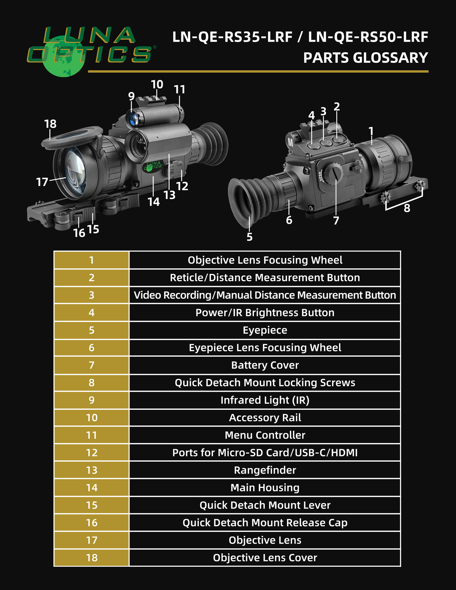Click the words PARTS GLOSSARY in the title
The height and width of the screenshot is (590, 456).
365,58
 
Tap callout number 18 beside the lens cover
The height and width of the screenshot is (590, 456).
50,124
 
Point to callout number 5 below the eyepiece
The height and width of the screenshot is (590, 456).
249,237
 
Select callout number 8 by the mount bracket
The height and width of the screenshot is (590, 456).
407,208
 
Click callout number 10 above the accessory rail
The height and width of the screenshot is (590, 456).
157,85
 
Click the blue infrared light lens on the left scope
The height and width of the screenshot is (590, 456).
133,119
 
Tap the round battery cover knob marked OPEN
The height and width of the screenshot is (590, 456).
333,174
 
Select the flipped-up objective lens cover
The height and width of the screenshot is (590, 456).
71,137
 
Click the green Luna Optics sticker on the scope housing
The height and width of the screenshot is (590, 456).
153,167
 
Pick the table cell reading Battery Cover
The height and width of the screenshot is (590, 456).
265,365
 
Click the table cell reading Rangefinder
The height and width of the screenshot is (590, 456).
265,470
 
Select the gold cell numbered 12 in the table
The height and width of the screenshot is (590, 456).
92,453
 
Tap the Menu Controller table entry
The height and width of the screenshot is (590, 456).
265,435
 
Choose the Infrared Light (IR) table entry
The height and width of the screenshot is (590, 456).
265,400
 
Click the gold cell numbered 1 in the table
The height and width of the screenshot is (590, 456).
92,260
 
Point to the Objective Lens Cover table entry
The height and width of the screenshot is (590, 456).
265,558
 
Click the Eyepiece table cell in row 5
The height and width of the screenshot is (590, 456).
265,330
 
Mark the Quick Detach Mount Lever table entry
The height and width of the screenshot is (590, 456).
265,505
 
